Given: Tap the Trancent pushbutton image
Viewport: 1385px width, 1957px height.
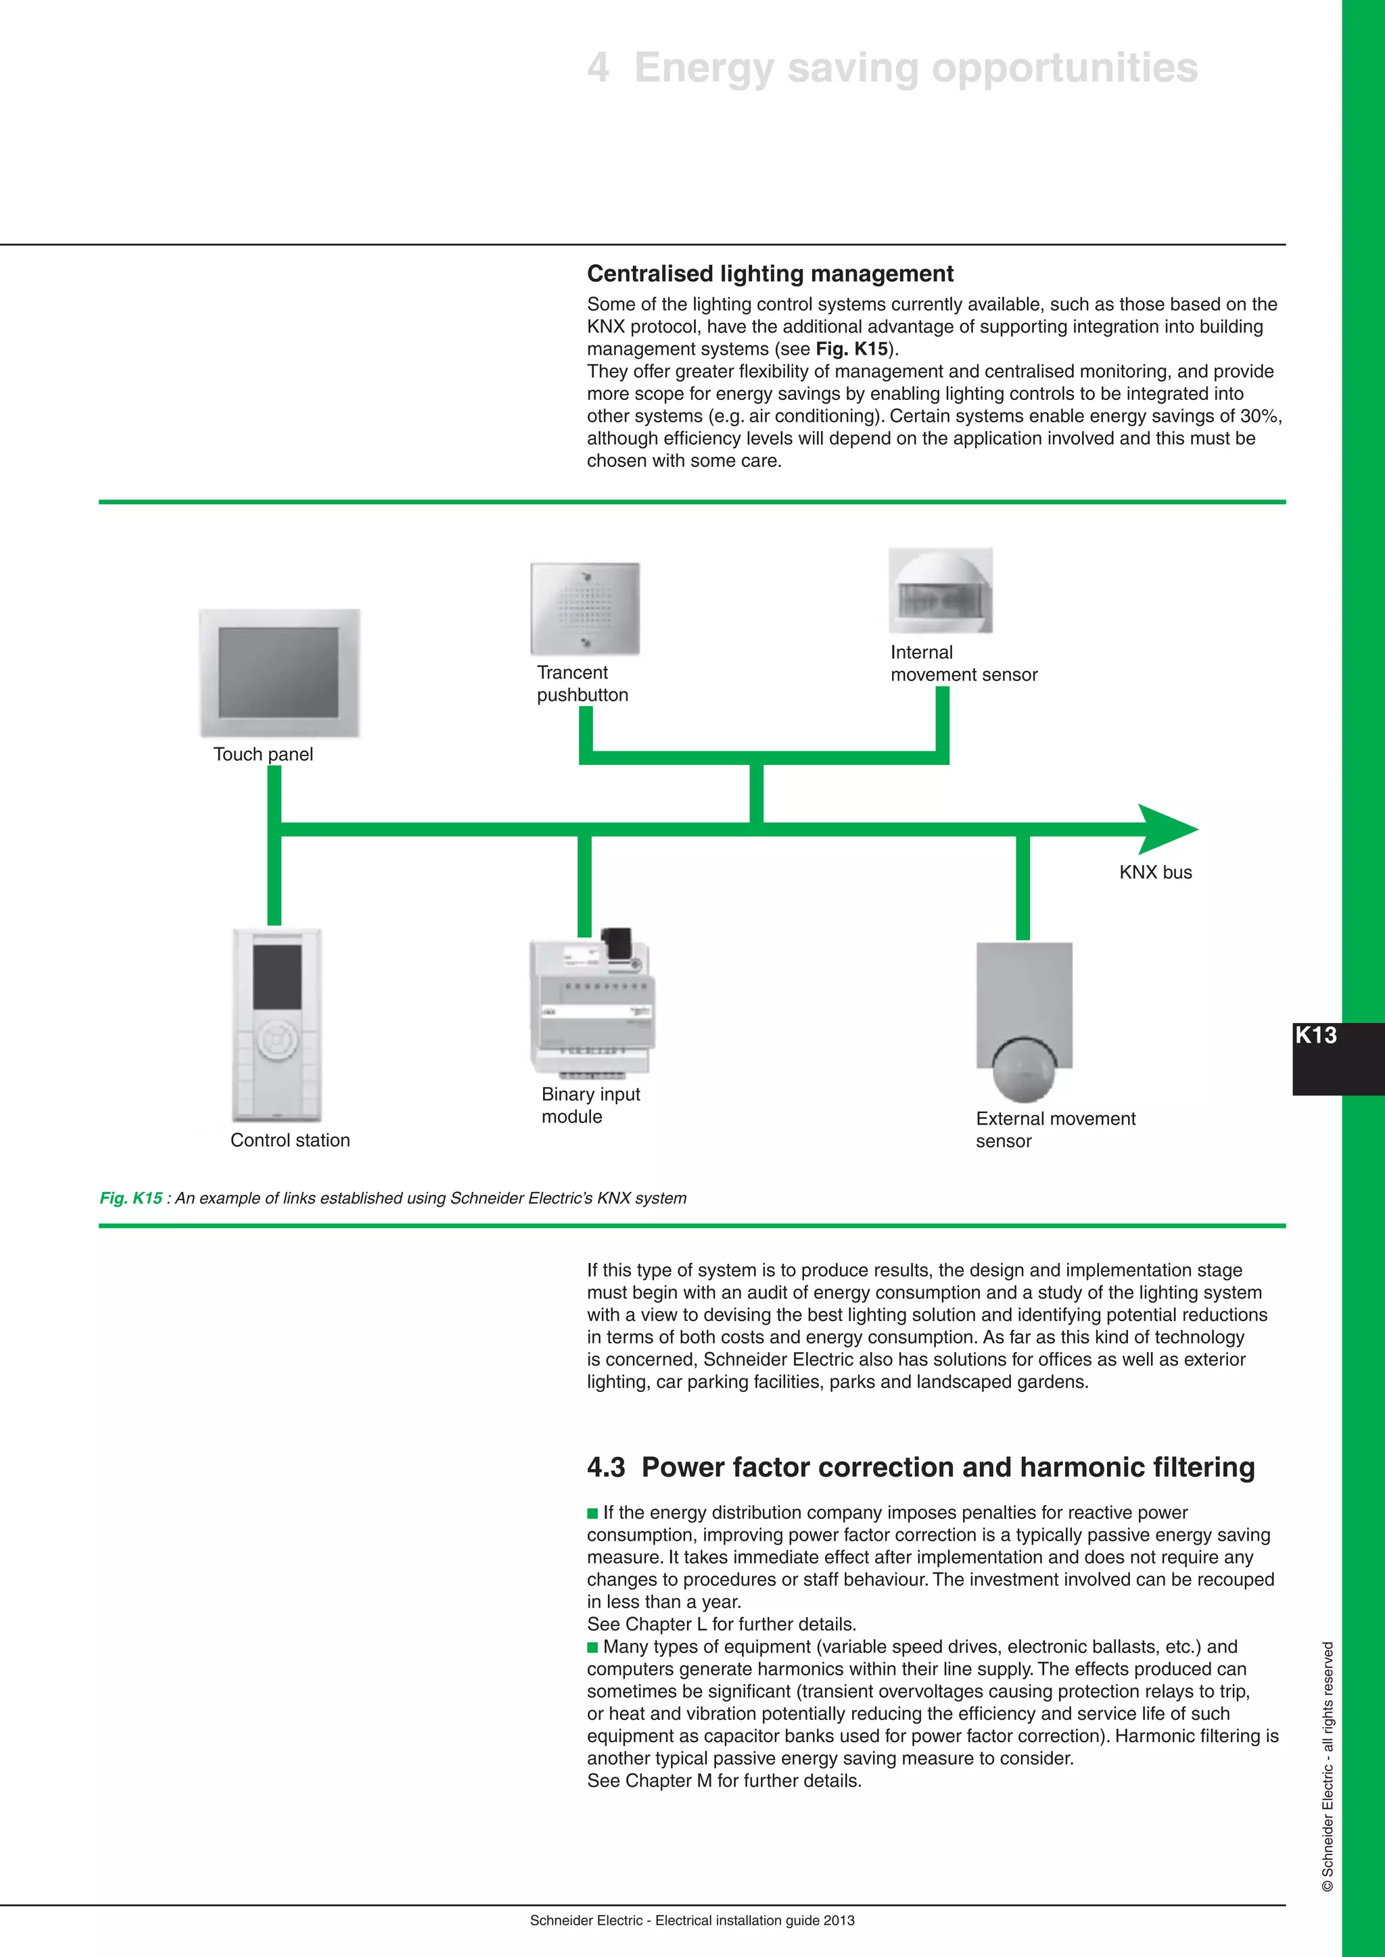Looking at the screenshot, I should tap(585, 609).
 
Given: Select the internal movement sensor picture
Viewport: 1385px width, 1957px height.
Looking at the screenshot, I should tap(941, 591).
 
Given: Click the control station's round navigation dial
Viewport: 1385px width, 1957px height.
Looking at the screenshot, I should tap(277, 1040).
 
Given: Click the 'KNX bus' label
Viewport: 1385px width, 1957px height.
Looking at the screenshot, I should tap(1155, 872).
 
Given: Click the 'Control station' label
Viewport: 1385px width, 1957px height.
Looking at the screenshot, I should tap(290, 1141).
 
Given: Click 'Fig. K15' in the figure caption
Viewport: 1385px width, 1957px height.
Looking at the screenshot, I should tap(131, 1197).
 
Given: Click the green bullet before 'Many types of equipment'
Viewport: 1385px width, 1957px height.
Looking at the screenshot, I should tap(592, 1647).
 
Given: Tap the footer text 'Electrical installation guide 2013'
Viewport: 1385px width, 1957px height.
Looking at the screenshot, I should tap(755, 1921).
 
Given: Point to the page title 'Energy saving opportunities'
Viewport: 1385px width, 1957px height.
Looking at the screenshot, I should tap(915, 68).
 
